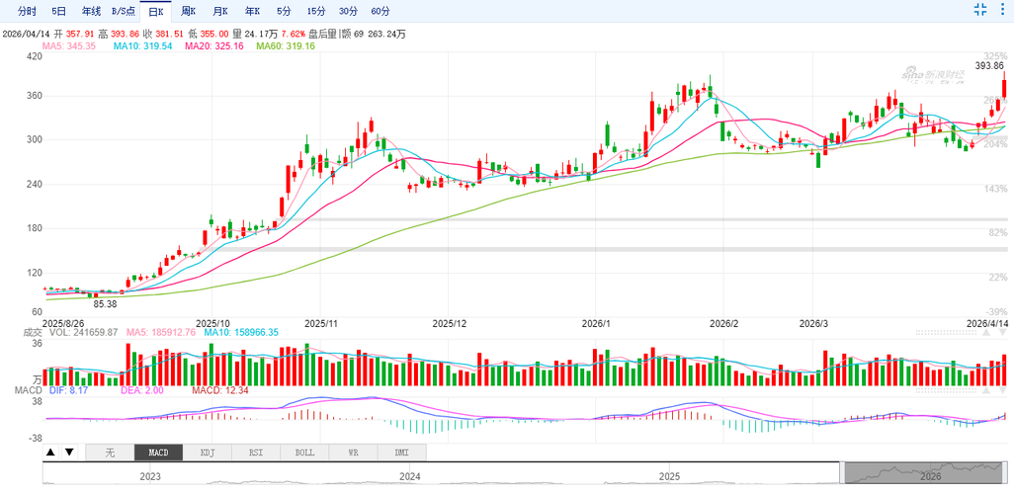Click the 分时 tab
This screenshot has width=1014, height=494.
(27, 11)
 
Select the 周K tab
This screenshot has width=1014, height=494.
(188, 11)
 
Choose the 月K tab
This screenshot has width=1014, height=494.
(219, 11)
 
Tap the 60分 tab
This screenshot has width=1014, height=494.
(380, 11)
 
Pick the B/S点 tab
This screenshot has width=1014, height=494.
(124, 11)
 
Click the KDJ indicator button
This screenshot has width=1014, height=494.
(208, 453)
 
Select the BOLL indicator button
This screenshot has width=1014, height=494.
(304, 453)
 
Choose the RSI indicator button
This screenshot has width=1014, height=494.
(255, 453)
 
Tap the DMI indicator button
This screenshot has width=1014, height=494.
(401, 453)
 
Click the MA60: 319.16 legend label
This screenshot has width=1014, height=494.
(286, 46)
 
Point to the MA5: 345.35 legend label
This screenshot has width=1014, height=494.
(68, 46)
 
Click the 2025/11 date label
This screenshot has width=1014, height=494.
(321, 323)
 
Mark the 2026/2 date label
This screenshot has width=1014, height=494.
(724, 323)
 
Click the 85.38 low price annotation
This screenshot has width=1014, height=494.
(105, 304)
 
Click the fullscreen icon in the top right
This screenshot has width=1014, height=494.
(980, 10)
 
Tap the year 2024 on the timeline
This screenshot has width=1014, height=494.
(409, 476)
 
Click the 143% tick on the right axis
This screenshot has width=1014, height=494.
(995, 189)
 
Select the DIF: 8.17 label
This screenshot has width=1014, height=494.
(68, 391)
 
